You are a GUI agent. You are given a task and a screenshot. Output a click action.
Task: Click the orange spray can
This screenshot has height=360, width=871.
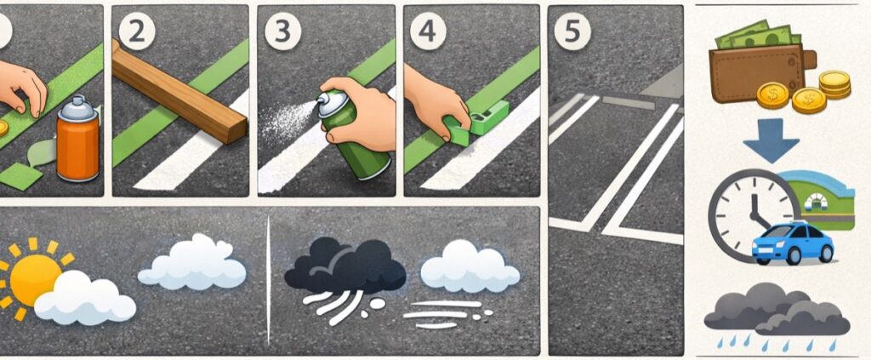point(77,139)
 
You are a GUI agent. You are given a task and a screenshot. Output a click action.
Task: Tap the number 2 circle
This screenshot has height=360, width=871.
point(137,32)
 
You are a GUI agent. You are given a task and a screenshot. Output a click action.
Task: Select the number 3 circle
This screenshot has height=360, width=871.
point(282,32)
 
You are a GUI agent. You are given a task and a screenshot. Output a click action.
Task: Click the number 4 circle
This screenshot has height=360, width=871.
point(429,32)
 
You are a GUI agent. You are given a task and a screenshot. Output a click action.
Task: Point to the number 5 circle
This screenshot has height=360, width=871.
point(572,32)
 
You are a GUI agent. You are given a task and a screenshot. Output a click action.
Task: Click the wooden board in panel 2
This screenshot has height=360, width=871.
point(179,92)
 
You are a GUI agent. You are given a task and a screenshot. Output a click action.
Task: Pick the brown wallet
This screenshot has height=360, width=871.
point(762,72)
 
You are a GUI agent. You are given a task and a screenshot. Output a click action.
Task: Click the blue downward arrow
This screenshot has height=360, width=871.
point(771,140)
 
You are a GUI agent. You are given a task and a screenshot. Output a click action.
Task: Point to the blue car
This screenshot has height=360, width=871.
point(793,243)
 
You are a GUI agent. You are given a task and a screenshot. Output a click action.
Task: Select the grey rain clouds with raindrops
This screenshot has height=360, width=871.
point(777,317)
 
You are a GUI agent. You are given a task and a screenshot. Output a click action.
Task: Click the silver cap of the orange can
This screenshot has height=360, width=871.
point(78,108)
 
